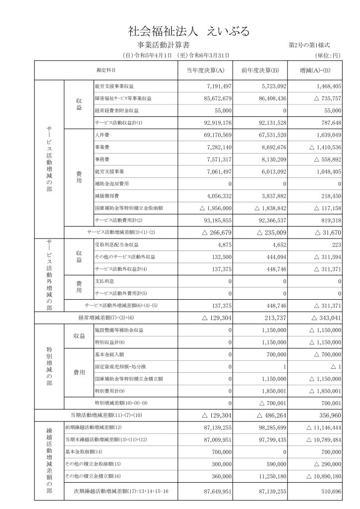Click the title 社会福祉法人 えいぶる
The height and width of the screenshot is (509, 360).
pyautogui.click(x=188, y=31)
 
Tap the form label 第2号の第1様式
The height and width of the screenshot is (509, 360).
pyautogui.click(x=309, y=46)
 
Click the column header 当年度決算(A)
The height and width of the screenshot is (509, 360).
pyautogui.click(x=205, y=70)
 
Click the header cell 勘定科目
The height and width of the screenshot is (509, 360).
pyautogui.click(x=106, y=70)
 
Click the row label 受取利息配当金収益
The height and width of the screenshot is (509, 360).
pyautogui.click(x=116, y=245)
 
